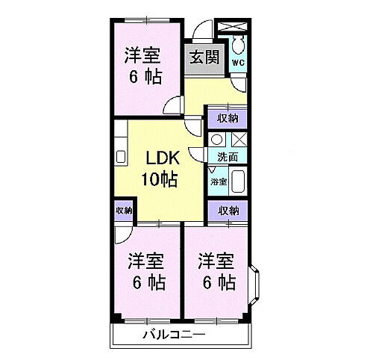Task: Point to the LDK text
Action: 160,160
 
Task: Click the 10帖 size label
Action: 160,179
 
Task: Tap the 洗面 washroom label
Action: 228,158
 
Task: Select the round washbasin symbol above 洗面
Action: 216,139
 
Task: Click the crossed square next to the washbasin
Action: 239,139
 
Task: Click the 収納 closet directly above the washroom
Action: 228,117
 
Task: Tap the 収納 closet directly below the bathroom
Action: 228,211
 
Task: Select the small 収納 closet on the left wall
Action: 124,211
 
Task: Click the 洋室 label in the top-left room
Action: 142,55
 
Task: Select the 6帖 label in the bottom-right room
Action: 216,283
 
